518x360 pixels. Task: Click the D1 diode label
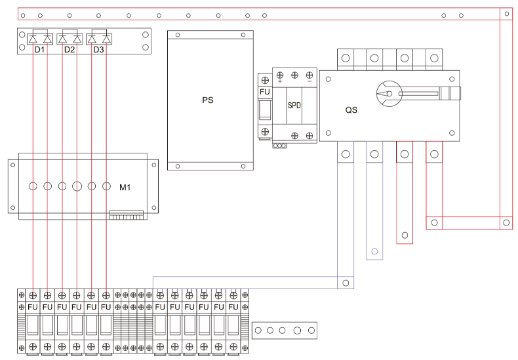click(40, 50)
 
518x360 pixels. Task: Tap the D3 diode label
click(99, 50)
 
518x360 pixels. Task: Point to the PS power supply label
click(208, 100)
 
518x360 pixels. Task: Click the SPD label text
click(294, 105)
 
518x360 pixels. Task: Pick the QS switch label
click(351, 110)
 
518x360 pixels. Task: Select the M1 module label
click(125, 188)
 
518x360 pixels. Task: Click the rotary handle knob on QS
click(387, 93)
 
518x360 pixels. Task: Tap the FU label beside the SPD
click(265, 92)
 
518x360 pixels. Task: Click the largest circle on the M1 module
click(77, 186)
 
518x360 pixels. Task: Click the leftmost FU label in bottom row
click(33, 306)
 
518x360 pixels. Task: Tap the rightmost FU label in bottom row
click(233, 306)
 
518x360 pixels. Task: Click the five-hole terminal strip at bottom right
click(284, 330)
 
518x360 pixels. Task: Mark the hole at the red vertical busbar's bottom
click(506, 223)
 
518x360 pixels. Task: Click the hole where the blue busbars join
click(346, 283)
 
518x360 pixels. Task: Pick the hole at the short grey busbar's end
click(374, 251)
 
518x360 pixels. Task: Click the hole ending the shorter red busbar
click(405, 235)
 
